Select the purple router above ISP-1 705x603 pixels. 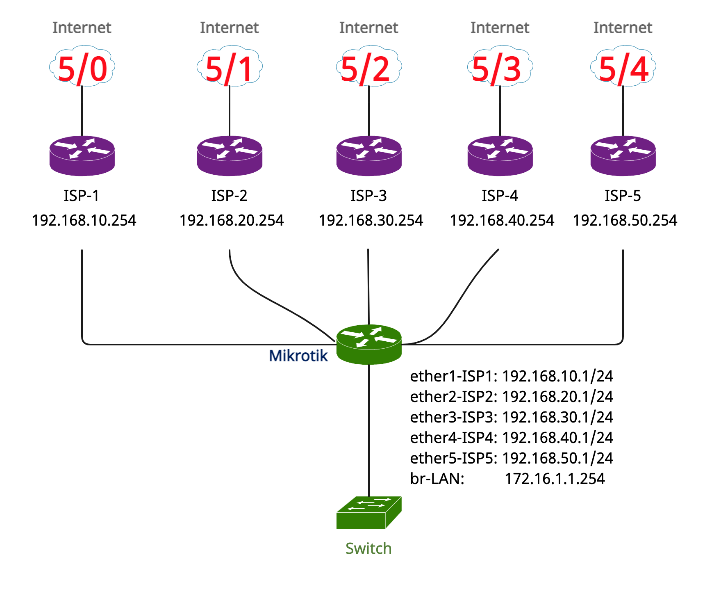click(82, 156)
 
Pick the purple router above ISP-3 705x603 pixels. click(369, 156)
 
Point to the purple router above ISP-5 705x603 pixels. click(623, 156)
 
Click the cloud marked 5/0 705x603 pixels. click(82, 66)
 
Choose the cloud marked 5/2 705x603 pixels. click(369, 66)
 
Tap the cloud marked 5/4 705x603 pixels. click(623, 66)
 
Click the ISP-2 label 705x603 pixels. click(229, 196)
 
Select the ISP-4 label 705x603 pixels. click(500, 196)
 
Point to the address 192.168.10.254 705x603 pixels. click(84, 220)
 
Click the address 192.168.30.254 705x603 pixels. click(371, 220)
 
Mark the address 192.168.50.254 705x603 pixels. click(625, 220)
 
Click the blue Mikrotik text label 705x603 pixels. click(298, 356)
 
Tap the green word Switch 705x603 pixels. click(368, 548)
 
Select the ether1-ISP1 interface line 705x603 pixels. click(512, 376)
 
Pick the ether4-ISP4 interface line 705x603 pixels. click(512, 438)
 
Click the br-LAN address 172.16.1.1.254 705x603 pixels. click(555, 479)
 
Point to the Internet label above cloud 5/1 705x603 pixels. click(229, 28)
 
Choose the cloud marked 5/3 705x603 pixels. click(500, 66)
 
